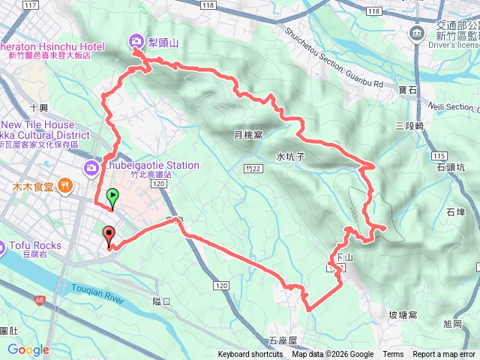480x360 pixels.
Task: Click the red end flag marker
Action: tap(109, 235)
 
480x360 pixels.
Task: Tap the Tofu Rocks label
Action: tap(37, 245)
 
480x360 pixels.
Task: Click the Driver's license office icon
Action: tap(415, 33)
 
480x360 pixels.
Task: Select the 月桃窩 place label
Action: tap(248, 136)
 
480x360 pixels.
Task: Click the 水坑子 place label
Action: tap(289, 157)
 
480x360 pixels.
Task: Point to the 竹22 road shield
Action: tap(256, 169)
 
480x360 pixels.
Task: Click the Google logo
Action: tap(28, 349)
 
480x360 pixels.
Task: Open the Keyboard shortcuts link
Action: tap(250, 355)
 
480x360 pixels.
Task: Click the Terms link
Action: tap(393, 355)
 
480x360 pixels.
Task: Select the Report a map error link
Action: tap(445, 355)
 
